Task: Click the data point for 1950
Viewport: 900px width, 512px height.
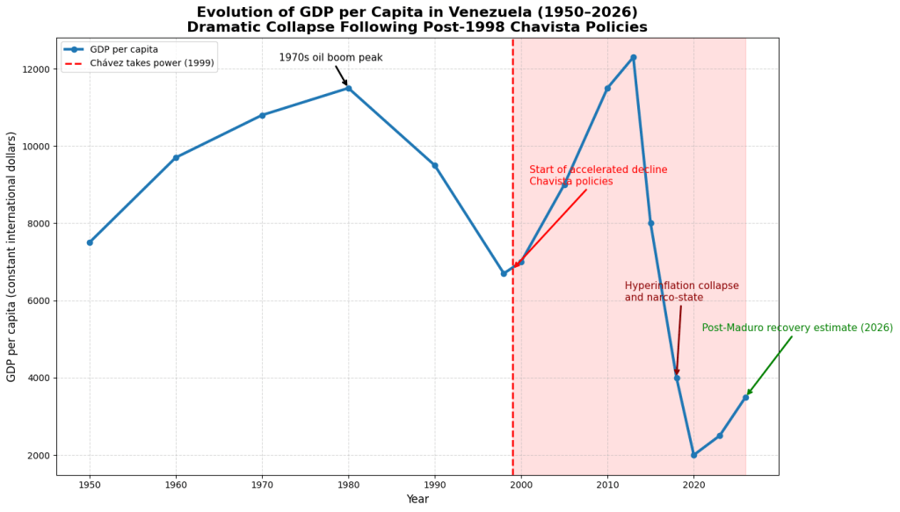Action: coord(90,242)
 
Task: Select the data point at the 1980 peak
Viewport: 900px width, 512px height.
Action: coord(349,88)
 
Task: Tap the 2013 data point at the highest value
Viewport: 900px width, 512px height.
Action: coord(633,57)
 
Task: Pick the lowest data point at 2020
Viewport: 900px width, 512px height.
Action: coord(693,455)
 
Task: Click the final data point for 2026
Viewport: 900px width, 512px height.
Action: coord(745,397)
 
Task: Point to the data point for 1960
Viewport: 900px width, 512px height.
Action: coord(176,157)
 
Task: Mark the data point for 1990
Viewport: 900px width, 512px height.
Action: coord(435,165)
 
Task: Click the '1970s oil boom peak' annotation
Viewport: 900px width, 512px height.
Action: coord(330,58)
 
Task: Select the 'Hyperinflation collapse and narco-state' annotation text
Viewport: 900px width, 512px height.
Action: coord(681,292)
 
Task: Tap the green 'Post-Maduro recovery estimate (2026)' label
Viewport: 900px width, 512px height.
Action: coord(796,328)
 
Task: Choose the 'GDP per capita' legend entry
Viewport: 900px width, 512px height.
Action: coord(124,49)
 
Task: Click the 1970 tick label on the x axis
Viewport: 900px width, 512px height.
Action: coord(262,484)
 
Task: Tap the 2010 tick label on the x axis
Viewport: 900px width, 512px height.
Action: coord(607,484)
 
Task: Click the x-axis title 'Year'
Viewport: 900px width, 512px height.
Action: coord(417,500)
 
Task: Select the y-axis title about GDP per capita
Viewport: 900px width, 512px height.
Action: coord(11,256)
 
